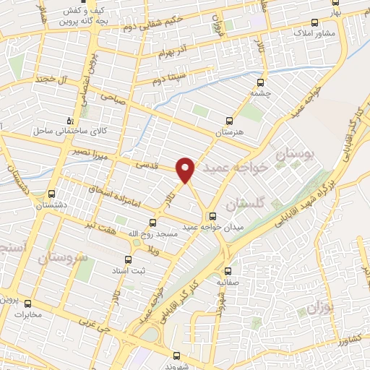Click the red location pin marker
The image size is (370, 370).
pos(186,169)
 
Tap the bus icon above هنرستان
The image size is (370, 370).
pos(229,121)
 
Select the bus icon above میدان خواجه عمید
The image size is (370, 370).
pos(212,216)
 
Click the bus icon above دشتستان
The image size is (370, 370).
pos(51,194)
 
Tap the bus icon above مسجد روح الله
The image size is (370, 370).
pos(152,223)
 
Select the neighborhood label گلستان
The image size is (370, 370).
pos(240,205)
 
